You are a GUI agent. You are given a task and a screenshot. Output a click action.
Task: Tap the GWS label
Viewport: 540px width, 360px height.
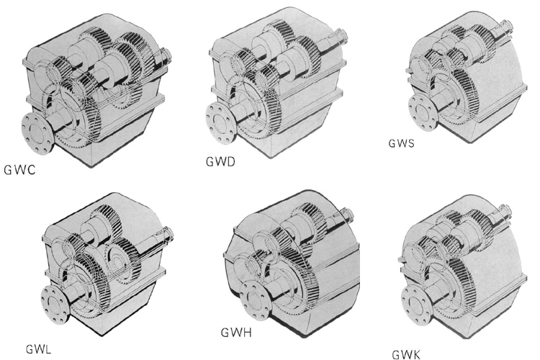point(401,143)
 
